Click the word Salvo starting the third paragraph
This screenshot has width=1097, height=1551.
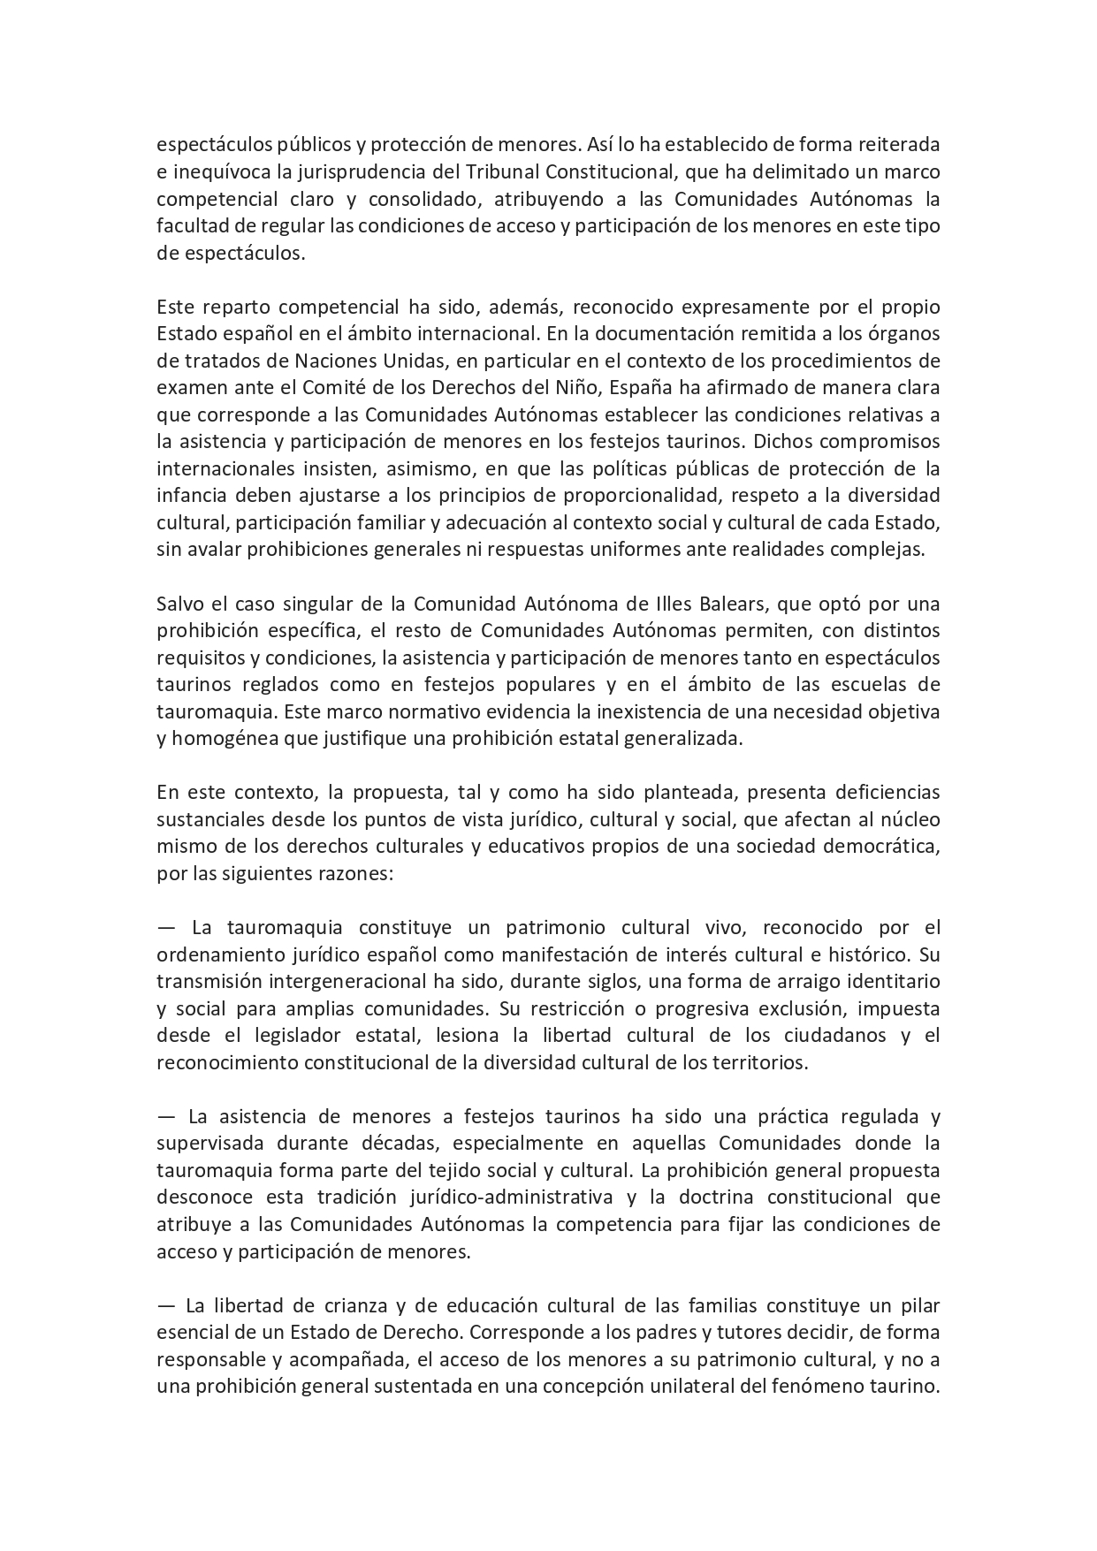tap(179, 604)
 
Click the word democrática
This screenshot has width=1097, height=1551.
tap(874, 846)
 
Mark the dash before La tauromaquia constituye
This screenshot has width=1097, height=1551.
tap(165, 928)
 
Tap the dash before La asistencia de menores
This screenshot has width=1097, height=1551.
tap(165, 1116)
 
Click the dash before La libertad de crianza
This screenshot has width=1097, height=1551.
tap(165, 1305)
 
